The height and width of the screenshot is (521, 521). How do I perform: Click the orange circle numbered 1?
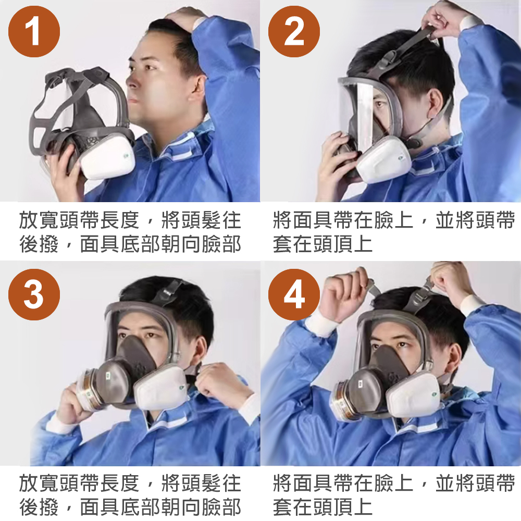(34, 32)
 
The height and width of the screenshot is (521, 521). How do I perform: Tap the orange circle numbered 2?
(294, 32)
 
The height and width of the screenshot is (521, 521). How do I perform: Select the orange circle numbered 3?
(34, 295)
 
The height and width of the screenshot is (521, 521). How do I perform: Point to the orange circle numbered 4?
(294, 295)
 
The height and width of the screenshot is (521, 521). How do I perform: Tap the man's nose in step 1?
(130, 81)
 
